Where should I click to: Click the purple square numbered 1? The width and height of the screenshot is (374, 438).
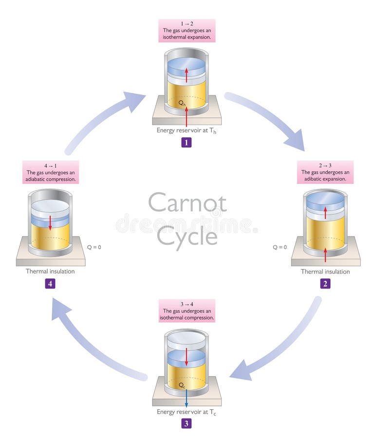[186, 143]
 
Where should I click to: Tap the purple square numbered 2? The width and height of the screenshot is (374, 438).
[325, 284]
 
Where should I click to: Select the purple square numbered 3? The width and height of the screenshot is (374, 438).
[186, 423]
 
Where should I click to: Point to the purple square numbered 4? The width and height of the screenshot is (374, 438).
[50, 283]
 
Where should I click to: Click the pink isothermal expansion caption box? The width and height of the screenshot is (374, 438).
[187, 31]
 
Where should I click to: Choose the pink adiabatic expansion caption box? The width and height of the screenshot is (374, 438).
[325, 172]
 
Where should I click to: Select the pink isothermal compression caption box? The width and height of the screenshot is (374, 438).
[187, 311]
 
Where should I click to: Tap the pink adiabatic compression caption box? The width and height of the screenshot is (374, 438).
[51, 172]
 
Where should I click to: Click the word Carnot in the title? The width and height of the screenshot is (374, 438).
[187, 202]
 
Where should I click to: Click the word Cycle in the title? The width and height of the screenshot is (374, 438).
[187, 237]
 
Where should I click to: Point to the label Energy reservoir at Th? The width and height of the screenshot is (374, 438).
[186, 130]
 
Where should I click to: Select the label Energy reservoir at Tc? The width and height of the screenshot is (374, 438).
[186, 412]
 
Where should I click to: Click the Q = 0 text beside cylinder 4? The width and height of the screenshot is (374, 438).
[92, 247]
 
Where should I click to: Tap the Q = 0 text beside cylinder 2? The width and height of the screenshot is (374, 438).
[280, 247]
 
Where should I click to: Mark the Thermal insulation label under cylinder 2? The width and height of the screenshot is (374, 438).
[325, 272]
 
